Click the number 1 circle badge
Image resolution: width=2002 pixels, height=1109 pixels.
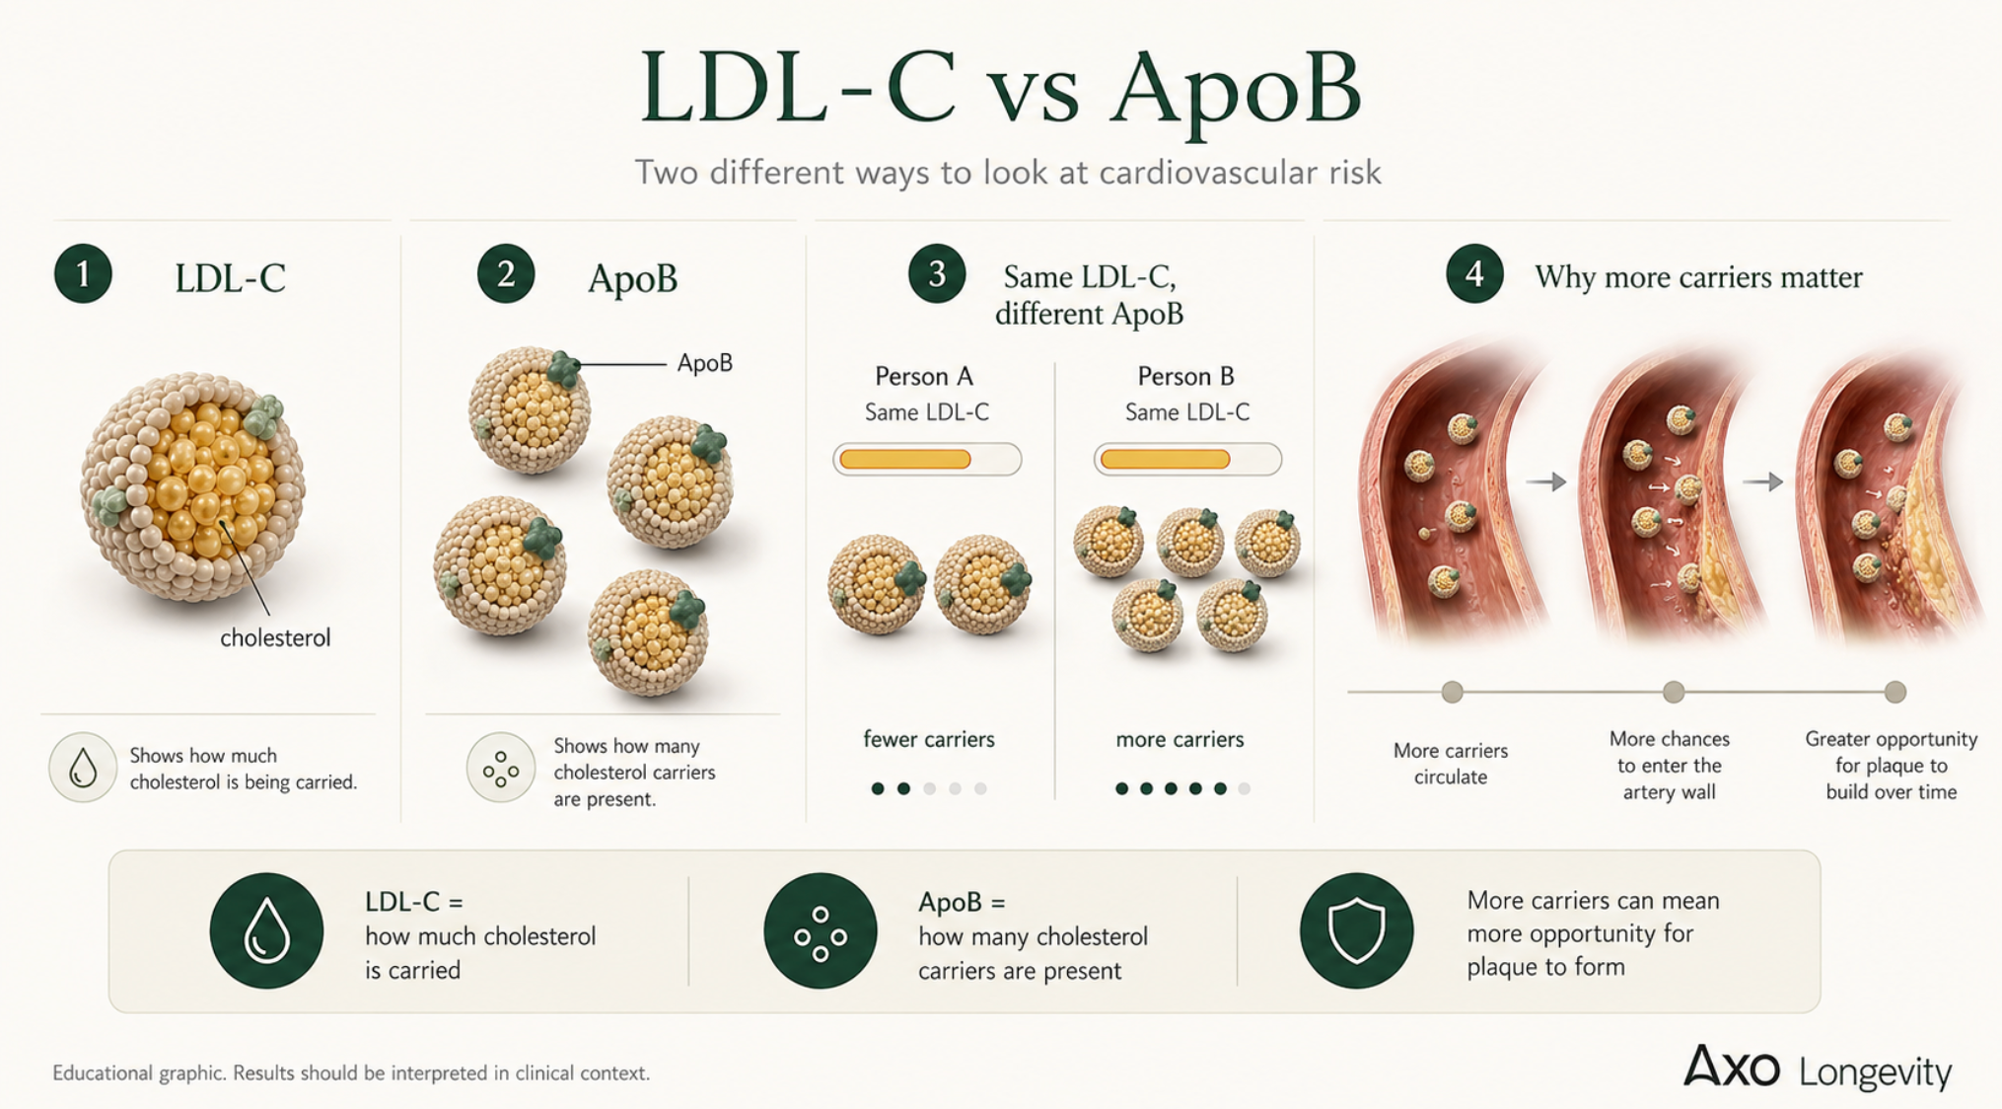(83, 273)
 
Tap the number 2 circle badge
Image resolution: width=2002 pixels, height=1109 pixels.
(506, 273)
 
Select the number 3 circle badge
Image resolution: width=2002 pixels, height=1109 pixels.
(937, 273)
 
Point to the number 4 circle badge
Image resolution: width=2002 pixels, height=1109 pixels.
(1474, 273)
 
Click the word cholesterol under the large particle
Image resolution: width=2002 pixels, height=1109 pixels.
(275, 638)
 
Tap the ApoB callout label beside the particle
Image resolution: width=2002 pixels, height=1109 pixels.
(705, 363)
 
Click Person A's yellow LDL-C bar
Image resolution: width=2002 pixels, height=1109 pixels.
(905, 459)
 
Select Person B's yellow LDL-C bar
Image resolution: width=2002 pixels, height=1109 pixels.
(1165, 459)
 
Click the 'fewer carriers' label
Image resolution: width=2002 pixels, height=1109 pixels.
(929, 739)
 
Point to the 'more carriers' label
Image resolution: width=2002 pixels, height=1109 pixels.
(1180, 739)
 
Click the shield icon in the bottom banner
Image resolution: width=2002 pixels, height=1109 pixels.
(1356, 930)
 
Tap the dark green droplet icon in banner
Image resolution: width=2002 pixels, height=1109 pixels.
(266, 930)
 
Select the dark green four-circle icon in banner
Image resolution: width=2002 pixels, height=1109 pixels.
(821, 930)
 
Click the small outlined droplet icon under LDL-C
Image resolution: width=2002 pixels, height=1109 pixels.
(83, 767)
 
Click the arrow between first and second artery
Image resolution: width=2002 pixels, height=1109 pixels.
(1546, 481)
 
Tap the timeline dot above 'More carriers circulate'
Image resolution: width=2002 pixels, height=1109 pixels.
(1452, 692)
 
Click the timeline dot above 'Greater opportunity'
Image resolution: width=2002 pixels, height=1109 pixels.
(1895, 692)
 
